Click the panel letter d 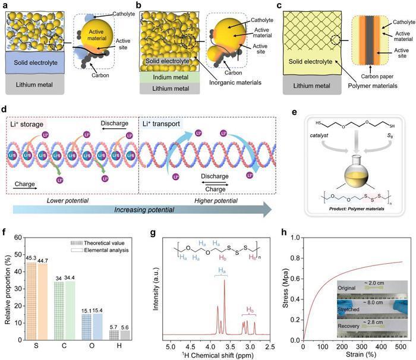click(x=5, y=110)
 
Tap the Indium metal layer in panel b click(x=170, y=77)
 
